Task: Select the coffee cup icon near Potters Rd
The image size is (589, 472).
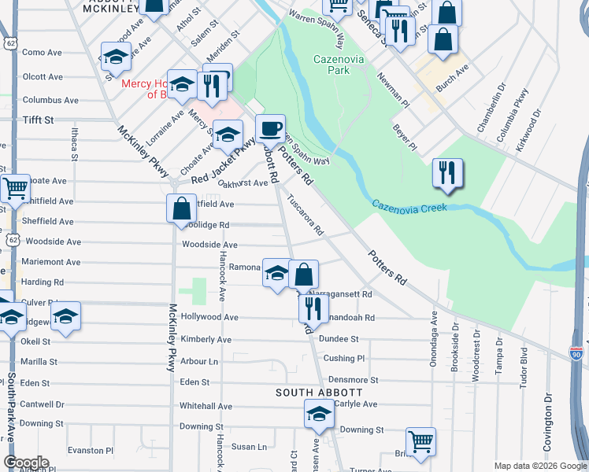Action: pos(271,127)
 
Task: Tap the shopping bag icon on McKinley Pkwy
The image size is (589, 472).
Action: pos(181,208)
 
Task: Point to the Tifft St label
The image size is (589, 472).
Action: pos(38,120)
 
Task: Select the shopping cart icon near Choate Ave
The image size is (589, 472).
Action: pos(15,189)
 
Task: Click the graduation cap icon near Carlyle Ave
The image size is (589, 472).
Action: pos(319,413)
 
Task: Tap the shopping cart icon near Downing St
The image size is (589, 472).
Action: pos(420,441)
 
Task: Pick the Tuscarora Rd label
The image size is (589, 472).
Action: pos(305,215)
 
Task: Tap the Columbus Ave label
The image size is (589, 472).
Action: pos(50,100)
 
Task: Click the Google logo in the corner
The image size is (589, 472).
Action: pos(25,463)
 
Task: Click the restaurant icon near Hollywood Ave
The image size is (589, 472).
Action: pos(313,308)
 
